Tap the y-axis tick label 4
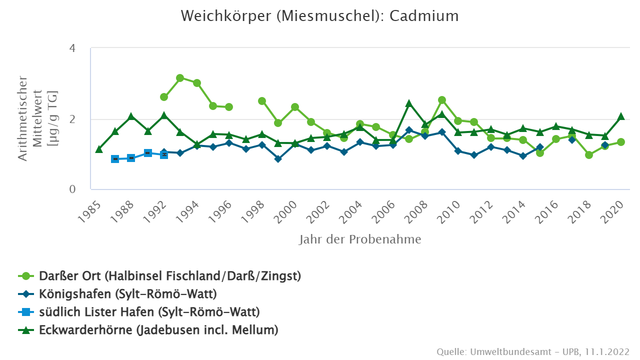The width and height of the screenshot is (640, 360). [72, 48]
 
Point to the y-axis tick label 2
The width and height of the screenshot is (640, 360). [72, 119]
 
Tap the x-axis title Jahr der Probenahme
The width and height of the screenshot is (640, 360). [360, 239]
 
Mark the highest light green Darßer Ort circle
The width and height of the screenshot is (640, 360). [180, 78]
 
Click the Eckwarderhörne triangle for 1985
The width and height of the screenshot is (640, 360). [99, 149]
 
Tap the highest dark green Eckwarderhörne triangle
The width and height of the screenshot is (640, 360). [409, 103]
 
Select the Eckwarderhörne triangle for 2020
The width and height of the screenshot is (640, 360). [621, 116]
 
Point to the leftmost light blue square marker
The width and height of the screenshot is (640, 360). [115, 159]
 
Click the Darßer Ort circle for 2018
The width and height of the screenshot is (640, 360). [589, 155]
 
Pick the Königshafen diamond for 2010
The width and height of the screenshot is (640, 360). [458, 150]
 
